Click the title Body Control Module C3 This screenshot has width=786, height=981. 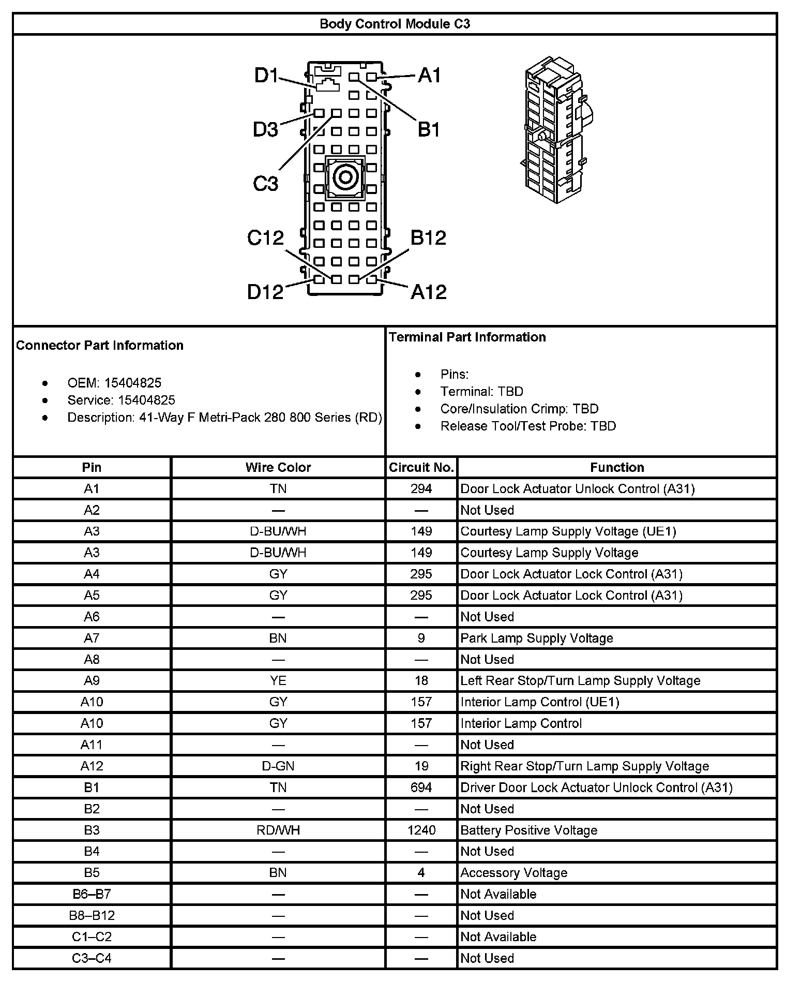coord(395,24)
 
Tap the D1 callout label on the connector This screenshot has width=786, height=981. coord(266,76)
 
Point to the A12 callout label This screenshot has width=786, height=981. coord(429,292)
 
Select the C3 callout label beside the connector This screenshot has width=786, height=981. coord(265,183)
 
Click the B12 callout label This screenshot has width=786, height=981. coord(428,237)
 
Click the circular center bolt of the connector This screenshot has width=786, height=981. coord(344,178)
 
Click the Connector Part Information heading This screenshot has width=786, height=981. coord(100,345)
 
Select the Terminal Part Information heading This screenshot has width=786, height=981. coord(467,337)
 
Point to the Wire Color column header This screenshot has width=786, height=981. coord(278,467)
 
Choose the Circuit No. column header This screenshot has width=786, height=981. coord(421,467)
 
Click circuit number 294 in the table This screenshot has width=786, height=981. coord(421,489)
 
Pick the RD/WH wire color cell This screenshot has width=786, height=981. coord(278,830)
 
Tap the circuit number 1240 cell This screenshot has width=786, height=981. coord(421,830)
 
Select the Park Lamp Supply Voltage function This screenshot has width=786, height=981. coord(537,638)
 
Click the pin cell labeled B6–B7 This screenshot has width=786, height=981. coord(92,894)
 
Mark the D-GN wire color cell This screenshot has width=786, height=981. coord(278,766)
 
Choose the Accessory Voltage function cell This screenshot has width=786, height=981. coord(514,873)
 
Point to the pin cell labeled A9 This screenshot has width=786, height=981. coord(92,680)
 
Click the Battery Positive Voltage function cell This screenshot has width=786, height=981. coord(529,830)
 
